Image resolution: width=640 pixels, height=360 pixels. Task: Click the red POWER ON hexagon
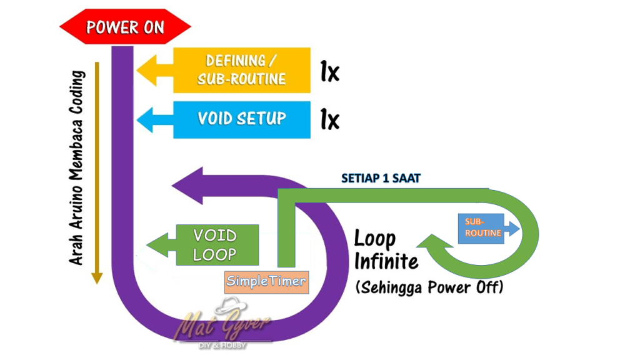[125, 27]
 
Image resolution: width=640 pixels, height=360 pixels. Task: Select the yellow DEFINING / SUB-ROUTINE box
[242, 70]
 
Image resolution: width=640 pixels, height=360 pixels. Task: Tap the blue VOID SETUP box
[242, 119]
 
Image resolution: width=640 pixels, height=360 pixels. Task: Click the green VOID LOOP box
[217, 244]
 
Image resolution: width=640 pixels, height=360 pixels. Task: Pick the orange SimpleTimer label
[267, 281]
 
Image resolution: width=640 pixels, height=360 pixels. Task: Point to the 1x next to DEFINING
[329, 72]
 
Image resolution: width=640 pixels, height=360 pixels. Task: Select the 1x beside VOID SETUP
[329, 119]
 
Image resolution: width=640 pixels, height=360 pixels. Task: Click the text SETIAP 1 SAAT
[381, 178]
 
